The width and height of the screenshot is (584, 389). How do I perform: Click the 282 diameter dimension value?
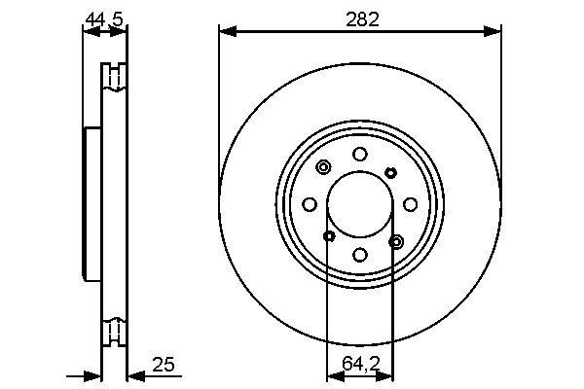pos(360,17)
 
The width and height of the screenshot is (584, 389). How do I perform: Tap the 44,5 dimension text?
pos(104,17)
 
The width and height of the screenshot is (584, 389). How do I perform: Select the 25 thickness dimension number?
pos(164,365)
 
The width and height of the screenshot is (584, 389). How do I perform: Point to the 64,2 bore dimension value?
pos(359,365)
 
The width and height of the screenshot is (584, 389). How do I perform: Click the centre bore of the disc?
pos(359,204)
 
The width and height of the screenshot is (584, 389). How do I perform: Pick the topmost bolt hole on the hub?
pos(359,154)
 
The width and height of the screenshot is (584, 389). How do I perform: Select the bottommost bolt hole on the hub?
pos(359,255)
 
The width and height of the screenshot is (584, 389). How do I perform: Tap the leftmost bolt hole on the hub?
pos(309,204)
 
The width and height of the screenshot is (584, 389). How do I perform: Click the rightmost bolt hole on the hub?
pos(410,204)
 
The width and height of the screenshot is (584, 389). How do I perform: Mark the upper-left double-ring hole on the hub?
pos(323,168)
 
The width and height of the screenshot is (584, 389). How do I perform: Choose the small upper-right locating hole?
pos(390,172)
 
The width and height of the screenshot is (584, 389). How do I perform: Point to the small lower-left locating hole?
pos(329,236)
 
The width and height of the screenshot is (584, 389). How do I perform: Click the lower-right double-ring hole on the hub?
pos(395,240)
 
